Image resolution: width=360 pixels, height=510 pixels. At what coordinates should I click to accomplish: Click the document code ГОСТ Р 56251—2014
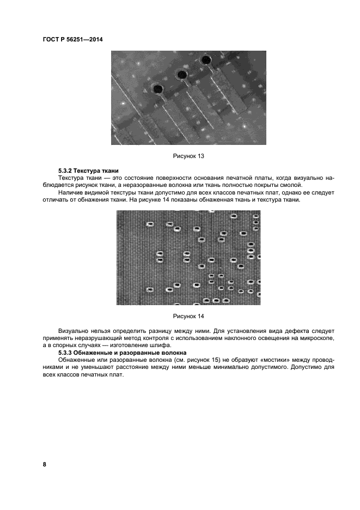pos(72,39)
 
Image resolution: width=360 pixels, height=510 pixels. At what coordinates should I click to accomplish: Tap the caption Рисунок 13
pos(188,156)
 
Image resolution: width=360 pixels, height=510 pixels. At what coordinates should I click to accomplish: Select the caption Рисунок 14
pos(188,316)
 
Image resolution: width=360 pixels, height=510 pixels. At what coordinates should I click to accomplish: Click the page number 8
pos(45,464)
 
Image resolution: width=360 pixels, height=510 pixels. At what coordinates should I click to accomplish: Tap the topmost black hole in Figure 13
pos(206,59)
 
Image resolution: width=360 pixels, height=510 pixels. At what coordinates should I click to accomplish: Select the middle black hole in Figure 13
pos(182,75)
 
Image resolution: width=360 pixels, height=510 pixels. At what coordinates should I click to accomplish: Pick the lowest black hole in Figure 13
pos(158,89)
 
